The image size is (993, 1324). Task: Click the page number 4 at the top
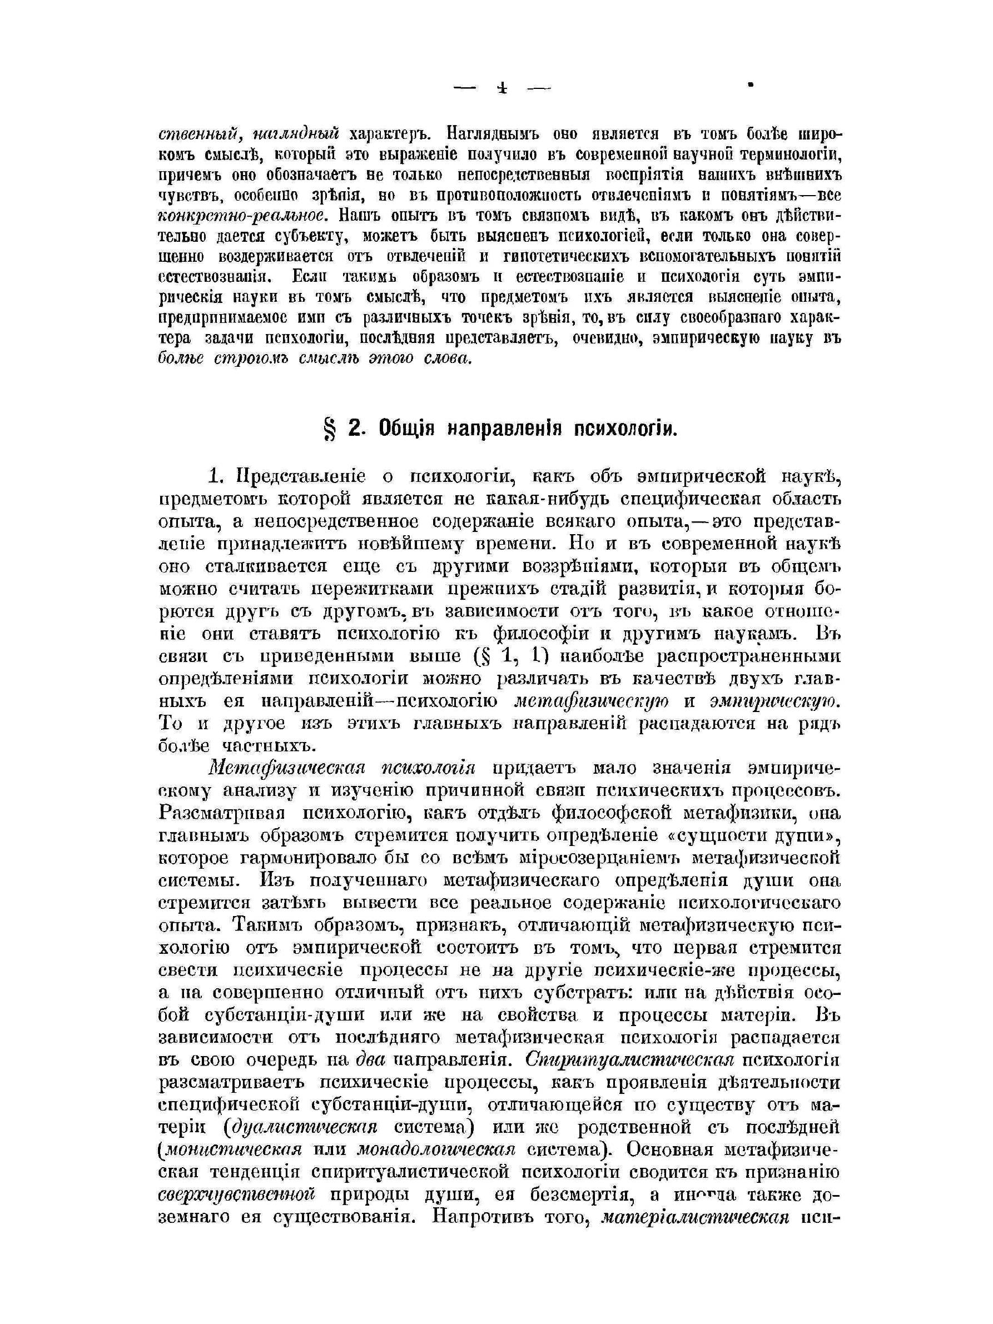pos(502,88)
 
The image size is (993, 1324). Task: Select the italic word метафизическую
pos(592,701)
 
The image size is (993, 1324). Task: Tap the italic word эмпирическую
pos(776,701)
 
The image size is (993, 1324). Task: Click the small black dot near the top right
pos(750,86)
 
